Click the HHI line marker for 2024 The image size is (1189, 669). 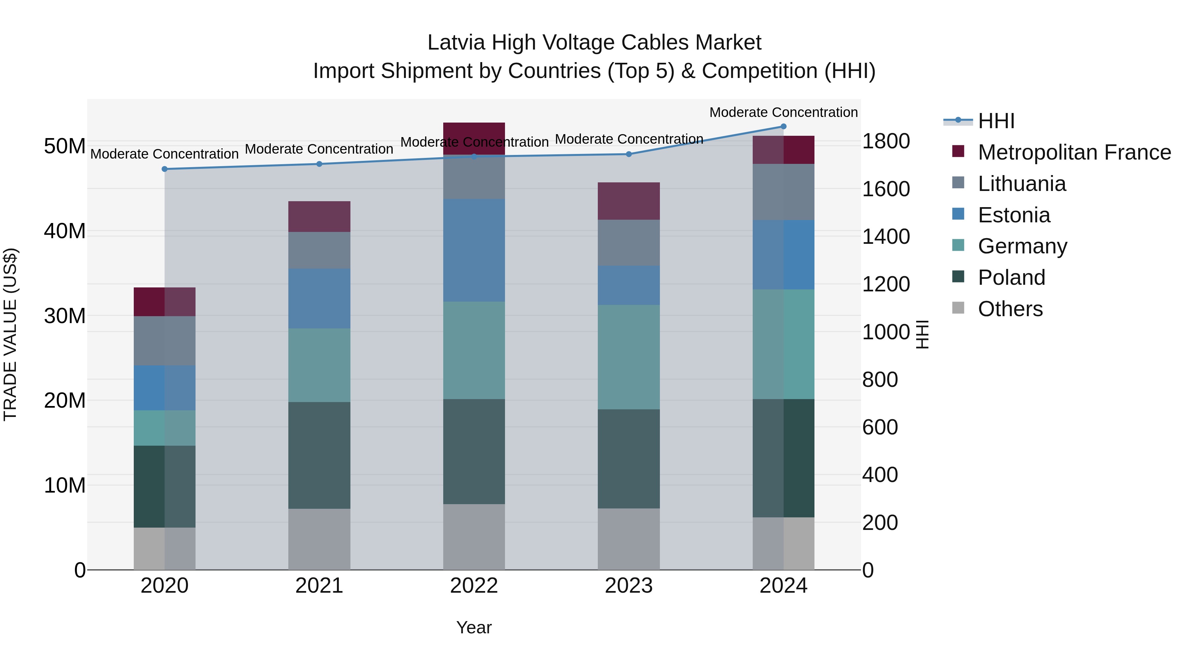coord(783,127)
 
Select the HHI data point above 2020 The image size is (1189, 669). coord(164,169)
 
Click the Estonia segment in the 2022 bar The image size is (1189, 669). coord(474,250)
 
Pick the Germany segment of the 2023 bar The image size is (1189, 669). coord(628,357)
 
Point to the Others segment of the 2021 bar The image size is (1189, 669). coord(319,539)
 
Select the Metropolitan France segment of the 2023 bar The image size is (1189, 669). coord(628,201)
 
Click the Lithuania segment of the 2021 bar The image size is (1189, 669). coord(319,250)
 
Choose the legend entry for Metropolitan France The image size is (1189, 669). coord(1074,152)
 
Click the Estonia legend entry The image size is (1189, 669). coord(1014,215)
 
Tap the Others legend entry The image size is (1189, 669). coord(1010,309)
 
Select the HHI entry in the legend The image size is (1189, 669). coord(996,121)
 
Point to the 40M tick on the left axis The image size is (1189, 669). coord(65,231)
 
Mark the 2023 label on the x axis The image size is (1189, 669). coord(628,586)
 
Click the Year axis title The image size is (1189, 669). coord(474,627)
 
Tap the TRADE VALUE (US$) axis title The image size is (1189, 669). coord(10,334)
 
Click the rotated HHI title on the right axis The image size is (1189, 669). coord(922,334)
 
